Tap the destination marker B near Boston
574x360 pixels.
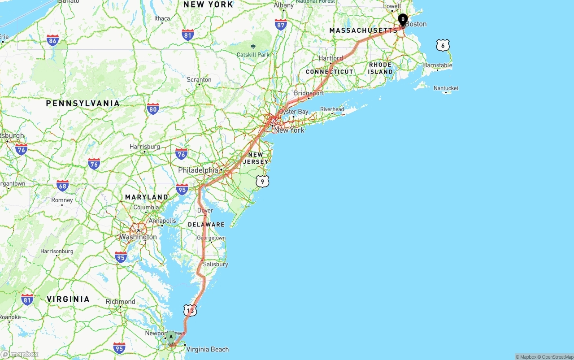[x=403, y=19]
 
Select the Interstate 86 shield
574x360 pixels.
[x=53, y=41]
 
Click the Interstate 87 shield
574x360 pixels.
[x=281, y=25]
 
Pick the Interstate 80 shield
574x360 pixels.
[x=153, y=108]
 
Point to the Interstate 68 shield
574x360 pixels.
[x=63, y=186]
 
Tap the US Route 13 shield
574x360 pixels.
[x=190, y=310]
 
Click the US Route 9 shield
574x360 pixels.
[x=263, y=181]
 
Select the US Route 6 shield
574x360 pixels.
[x=443, y=45]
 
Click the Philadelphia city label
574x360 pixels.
[x=198, y=170]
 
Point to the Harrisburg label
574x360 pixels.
[x=144, y=147]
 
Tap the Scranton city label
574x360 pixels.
[x=199, y=80]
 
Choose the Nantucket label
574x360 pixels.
[x=446, y=88]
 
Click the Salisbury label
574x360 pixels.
[x=215, y=264]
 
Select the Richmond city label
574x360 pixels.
[x=120, y=302]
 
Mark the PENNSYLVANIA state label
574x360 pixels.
[x=83, y=103]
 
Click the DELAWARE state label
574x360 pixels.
[x=206, y=224]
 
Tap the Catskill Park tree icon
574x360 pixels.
[x=253, y=47]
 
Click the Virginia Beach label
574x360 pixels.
[x=207, y=349]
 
